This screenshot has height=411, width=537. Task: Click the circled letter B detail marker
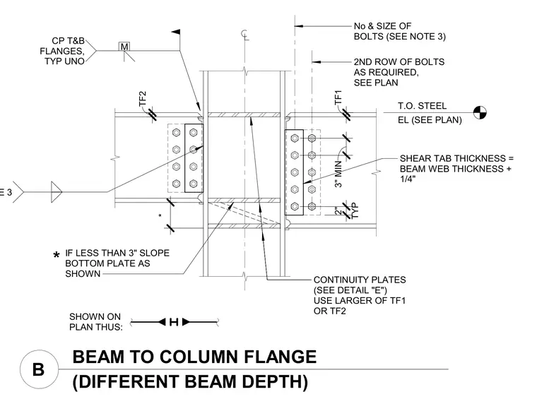click(39, 369)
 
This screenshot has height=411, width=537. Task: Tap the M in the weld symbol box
click(124, 47)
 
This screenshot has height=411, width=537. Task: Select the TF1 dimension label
click(338, 97)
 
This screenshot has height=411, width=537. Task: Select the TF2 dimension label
click(143, 99)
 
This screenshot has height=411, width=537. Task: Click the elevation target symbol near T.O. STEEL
click(480, 112)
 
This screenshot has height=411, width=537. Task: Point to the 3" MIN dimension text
click(338, 174)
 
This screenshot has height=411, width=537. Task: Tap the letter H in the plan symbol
click(174, 322)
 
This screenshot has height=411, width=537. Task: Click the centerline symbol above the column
click(244, 34)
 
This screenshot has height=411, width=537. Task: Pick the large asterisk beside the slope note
click(57, 255)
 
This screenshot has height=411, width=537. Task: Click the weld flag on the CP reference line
click(176, 32)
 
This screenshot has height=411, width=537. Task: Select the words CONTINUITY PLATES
click(360, 280)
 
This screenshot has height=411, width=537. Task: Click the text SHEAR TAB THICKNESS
click(453, 158)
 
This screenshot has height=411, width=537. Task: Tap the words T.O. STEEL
click(422, 106)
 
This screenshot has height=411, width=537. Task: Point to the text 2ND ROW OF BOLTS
click(399, 62)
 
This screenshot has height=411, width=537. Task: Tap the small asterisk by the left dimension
click(160, 215)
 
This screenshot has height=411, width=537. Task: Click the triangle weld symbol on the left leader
click(57, 192)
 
